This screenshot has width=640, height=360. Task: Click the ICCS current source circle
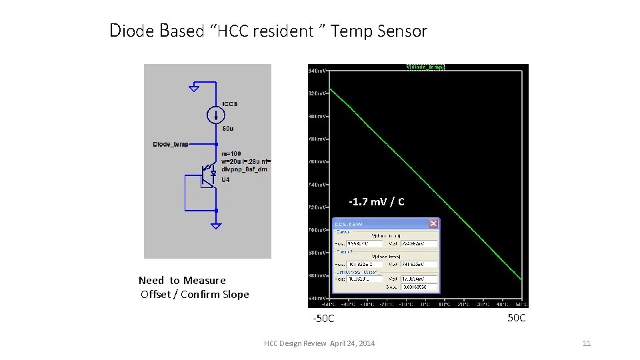pos(215,115)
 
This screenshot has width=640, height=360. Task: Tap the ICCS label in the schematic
pos(229,104)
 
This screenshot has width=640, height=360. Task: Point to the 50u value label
pos(227,128)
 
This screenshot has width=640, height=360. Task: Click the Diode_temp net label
pos(171,143)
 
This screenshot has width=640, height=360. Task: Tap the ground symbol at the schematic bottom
pos(215,225)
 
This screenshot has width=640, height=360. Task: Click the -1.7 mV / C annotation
pos(376,201)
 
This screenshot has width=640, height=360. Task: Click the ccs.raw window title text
pos(349,223)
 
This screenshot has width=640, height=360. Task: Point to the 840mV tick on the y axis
pos(317,70)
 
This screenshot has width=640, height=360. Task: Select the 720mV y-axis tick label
pos(317,207)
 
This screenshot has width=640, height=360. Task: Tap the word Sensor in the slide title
pos(402,31)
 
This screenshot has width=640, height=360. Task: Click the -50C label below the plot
pos(324,319)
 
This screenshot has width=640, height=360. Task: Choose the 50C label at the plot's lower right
pos(516,317)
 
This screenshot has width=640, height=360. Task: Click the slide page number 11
pos(587,343)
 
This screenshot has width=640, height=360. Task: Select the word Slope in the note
pos(234,294)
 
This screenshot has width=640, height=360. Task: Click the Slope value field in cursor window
pos(420,287)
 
